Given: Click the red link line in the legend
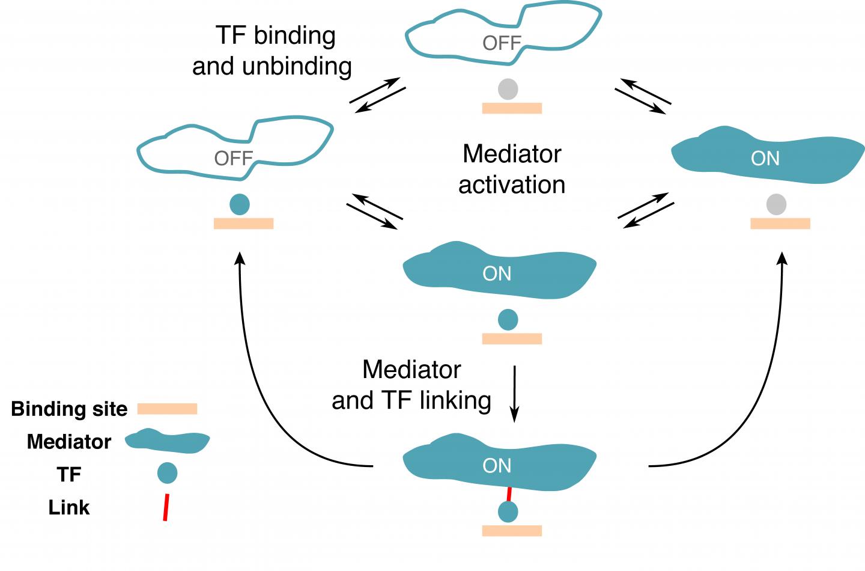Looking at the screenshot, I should [x=166, y=507].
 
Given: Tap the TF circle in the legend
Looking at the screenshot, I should [x=167, y=473].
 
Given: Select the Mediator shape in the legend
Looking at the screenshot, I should [x=167, y=441].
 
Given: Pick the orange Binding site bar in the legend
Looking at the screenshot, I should [x=167, y=409].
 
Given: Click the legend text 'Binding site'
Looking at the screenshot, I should [x=69, y=409].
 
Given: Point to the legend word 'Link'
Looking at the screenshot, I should [x=69, y=508].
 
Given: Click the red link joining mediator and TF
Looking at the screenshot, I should [x=509, y=494].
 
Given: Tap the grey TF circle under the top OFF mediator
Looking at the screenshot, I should [x=508, y=90].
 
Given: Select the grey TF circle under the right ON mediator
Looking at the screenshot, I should [x=777, y=205].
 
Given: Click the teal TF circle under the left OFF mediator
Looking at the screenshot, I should [x=240, y=205].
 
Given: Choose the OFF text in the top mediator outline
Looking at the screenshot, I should [x=502, y=43].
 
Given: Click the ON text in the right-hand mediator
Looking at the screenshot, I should [x=765, y=159].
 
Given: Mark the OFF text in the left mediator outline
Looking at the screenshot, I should [x=233, y=159].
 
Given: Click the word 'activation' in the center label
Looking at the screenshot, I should [x=512, y=185].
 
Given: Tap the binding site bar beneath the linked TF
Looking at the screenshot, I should [x=512, y=531].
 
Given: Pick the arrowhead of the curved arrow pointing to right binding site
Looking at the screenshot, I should [x=782, y=258].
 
